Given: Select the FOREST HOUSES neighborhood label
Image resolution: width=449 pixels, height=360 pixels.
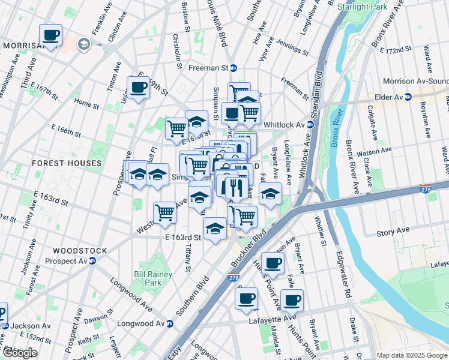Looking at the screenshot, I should pyautogui.click(x=67, y=163).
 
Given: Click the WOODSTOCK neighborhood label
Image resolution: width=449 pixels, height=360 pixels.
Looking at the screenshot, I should pyautogui.click(x=80, y=251).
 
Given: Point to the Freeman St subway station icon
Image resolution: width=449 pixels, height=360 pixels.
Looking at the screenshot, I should pyautogui.click(x=234, y=68).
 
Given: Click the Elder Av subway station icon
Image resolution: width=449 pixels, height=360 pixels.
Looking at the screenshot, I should pyautogui.click(x=408, y=97).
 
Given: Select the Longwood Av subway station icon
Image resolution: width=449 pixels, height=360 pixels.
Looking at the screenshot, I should pyautogui.click(x=170, y=324).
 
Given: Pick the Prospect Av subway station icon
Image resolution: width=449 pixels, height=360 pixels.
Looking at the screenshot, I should pyautogui.click(x=92, y=261).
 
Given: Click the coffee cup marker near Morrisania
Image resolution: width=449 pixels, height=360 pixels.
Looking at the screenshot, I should pyautogui.click(x=51, y=35).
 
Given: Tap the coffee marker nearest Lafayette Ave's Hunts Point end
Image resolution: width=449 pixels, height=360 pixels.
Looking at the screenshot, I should pyautogui.click(x=292, y=300).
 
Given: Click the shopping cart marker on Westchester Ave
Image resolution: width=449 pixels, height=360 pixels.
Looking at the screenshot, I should pyautogui.click(x=164, y=212).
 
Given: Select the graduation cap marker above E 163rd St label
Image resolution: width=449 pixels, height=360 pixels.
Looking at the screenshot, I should pyautogui.click(x=215, y=228).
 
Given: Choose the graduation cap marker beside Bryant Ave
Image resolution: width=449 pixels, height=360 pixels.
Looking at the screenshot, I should pyautogui.click(x=271, y=193).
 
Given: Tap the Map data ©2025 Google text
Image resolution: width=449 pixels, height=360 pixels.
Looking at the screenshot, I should pyautogui.click(x=412, y=355).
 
